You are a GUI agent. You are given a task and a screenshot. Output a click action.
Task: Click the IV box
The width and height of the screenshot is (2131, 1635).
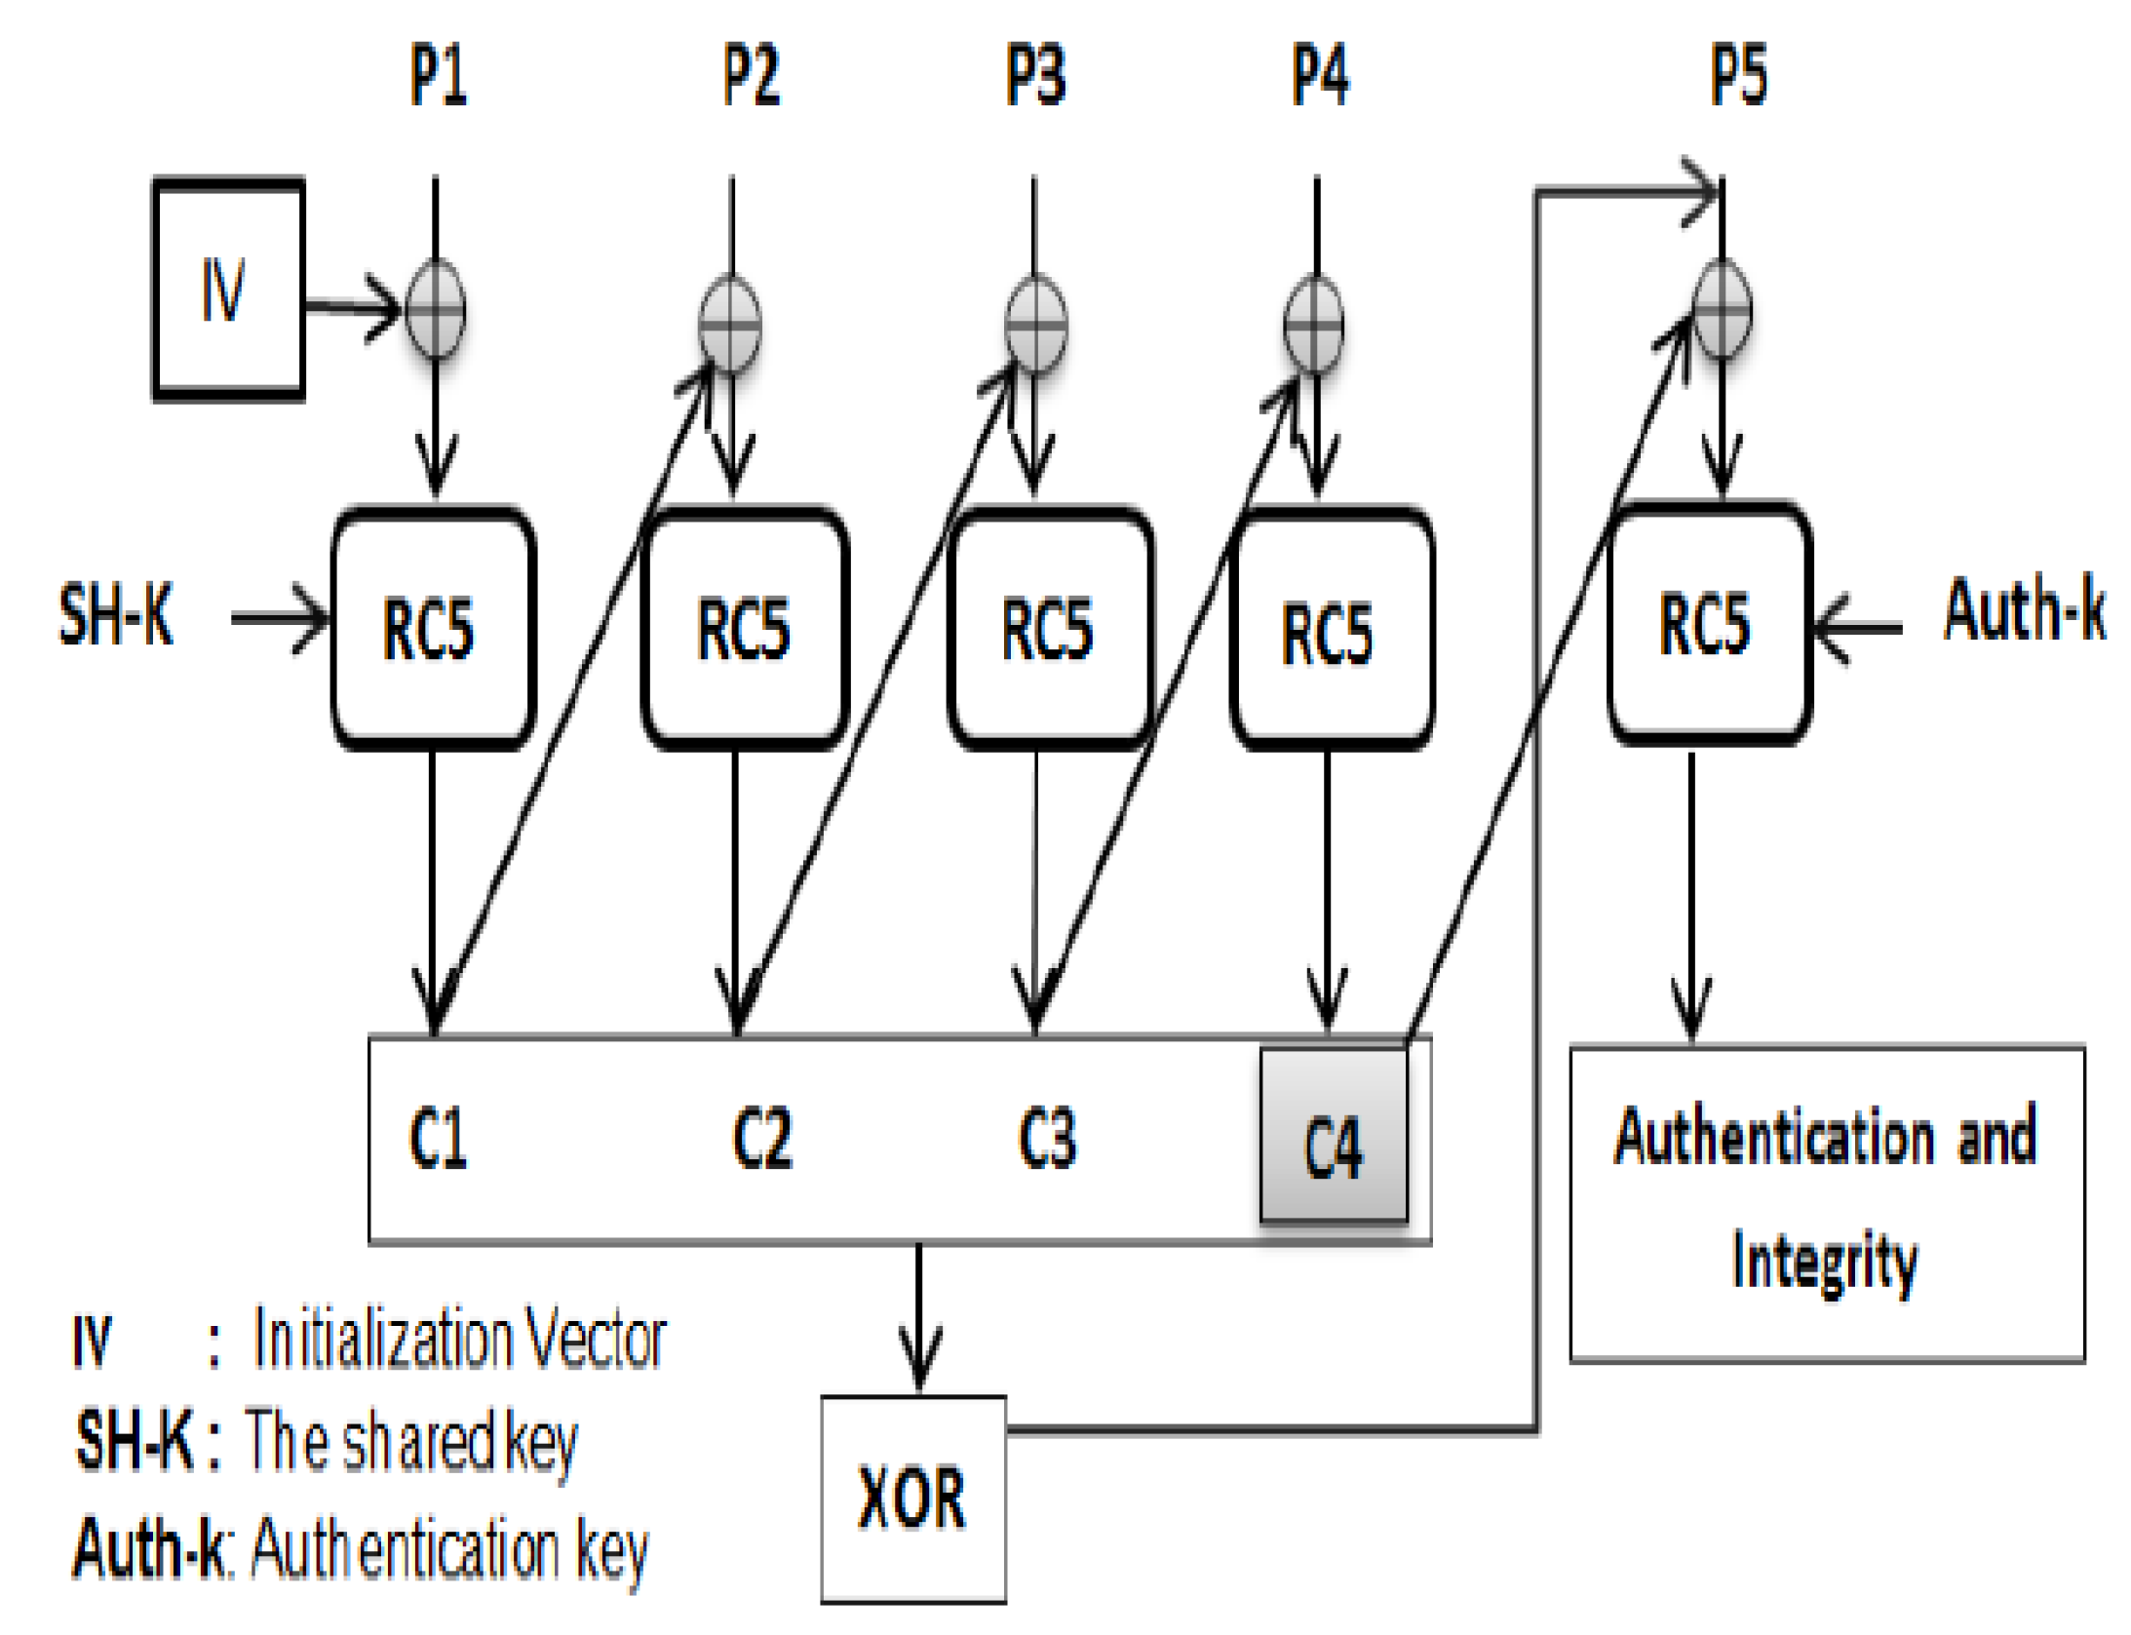pyautogui.click(x=227, y=289)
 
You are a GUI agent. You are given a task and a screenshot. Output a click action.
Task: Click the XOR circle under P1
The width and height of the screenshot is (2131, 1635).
pyautogui.click(x=435, y=310)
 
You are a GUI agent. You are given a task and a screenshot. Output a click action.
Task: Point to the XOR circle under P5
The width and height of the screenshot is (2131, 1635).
pyautogui.click(x=1721, y=310)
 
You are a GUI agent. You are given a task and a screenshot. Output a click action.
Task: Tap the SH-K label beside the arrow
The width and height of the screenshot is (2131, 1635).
pyautogui.click(x=115, y=614)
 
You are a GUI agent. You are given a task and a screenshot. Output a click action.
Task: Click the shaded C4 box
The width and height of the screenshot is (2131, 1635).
pyautogui.click(x=1332, y=1134)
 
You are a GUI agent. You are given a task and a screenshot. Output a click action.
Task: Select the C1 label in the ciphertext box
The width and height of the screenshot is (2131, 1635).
pyautogui.click(x=438, y=1137)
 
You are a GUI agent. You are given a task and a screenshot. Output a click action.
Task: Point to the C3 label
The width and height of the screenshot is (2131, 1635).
pyautogui.click(x=1046, y=1137)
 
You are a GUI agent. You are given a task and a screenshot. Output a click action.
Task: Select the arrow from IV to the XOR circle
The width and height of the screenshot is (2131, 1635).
pyautogui.click(x=351, y=308)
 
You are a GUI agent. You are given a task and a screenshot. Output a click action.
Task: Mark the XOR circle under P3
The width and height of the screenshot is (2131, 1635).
pyautogui.click(x=1034, y=325)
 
